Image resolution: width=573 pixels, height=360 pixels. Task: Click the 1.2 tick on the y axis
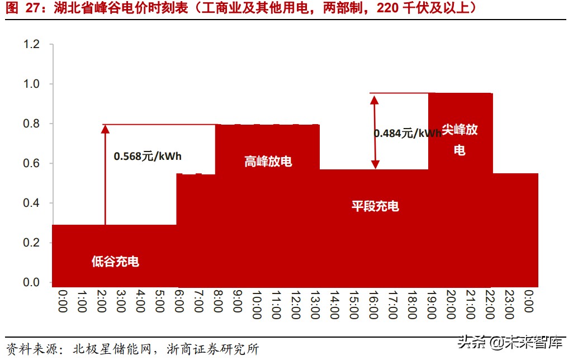[31, 44]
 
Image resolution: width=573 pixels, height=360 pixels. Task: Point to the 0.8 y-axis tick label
[31, 124]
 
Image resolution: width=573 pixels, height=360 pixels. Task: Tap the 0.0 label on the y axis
[31, 283]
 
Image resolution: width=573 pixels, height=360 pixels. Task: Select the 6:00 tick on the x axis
[179, 301]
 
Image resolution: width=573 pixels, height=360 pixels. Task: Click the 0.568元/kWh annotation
[148, 156]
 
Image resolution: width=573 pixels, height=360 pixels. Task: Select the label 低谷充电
[115, 261]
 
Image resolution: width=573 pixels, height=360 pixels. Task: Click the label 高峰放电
[268, 162]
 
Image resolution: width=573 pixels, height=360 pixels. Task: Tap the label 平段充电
[375, 206]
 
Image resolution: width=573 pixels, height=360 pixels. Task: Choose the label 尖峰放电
[460, 140]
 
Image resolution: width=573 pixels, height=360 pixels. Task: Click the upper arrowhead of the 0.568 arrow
[105, 129]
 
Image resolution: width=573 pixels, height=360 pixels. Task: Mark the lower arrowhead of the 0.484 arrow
[375, 164]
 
